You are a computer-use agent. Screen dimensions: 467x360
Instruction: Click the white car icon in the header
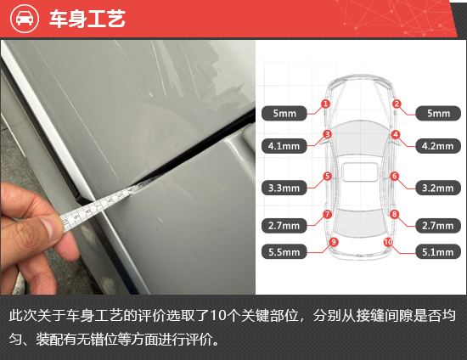pos(25,19)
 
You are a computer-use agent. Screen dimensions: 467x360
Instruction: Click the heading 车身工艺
pos(87,19)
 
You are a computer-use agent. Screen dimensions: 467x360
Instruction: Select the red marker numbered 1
pos(325,104)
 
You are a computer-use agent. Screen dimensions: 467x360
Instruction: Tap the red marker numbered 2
pos(397,104)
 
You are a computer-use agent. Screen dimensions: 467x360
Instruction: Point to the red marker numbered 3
pos(327,134)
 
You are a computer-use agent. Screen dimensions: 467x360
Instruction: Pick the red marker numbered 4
pos(396,134)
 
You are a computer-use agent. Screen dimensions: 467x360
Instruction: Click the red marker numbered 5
pos(327,176)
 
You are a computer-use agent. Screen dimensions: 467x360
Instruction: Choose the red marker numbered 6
pos(395,176)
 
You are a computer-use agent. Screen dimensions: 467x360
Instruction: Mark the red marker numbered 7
pos(327,214)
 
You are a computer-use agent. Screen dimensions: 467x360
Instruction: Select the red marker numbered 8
pos(395,214)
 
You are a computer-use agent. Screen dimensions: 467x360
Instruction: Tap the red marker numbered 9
pos(334,242)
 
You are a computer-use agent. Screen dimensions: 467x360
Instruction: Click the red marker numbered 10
pos(388,242)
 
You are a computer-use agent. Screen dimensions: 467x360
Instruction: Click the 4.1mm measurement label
pos(284,146)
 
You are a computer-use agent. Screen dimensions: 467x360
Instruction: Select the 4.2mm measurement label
pos(438,146)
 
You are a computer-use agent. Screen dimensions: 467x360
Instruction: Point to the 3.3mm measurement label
pos(284,188)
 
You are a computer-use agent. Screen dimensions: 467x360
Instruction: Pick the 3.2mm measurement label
pos(438,188)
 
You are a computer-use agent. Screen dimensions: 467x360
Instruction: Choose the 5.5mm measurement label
pos(284,252)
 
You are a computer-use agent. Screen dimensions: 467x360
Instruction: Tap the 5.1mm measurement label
pos(438,252)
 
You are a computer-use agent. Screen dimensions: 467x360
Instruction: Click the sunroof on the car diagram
pos(360,172)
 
